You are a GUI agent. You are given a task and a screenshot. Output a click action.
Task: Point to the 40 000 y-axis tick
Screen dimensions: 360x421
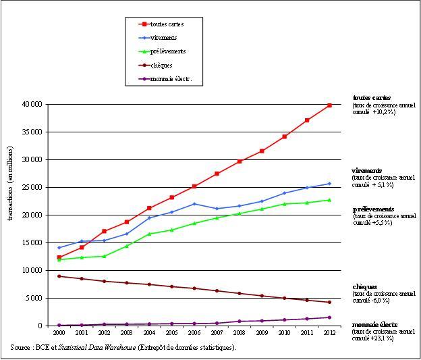(x=32, y=105)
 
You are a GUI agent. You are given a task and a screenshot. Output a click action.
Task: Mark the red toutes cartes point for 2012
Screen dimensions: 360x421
(x=330, y=105)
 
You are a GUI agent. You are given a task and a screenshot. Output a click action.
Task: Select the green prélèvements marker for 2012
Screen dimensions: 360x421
(x=330, y=200)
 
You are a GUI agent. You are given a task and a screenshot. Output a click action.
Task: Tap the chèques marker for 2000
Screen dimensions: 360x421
(x=59, y=276)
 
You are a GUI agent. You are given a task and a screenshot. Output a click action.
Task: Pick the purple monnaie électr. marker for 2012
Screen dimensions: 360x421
(x=330, y=317)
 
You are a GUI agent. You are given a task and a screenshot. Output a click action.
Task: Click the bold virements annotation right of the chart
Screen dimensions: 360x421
(x=367, y=171)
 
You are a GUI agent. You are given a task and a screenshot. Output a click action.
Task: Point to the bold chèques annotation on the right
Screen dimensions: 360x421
(x=365, y=287)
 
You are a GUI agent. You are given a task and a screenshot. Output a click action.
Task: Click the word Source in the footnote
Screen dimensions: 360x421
(x=21, y=347)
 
